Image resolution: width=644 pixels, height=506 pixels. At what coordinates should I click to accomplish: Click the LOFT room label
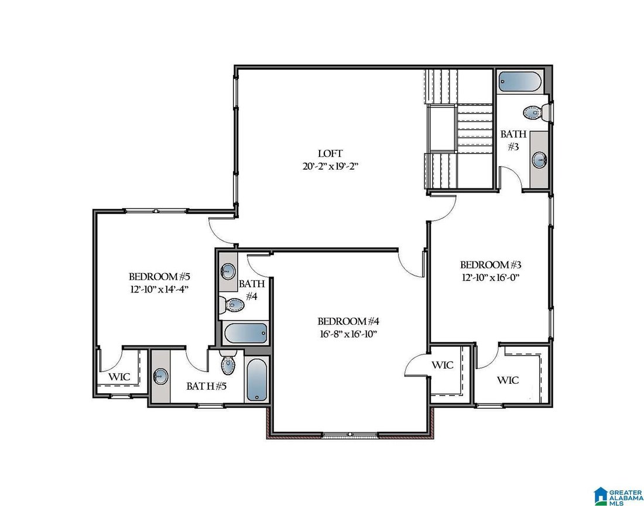(x=330, y=153)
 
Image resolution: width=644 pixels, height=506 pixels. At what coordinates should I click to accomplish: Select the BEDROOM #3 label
(x=491, y=264)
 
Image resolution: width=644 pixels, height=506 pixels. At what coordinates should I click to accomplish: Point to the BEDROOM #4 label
(x=348, y=321)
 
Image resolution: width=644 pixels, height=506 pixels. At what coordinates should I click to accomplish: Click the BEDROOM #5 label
(x=160, y=276)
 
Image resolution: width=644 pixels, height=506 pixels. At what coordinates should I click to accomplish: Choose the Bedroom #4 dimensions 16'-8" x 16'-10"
(x=348, y=333)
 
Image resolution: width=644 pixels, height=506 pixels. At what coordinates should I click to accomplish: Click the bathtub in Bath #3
(x=520, y=82)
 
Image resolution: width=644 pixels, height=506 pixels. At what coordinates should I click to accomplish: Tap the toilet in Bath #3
(x=537, y=112)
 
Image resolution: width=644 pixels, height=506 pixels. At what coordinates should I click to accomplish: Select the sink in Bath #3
(x=539, y=159)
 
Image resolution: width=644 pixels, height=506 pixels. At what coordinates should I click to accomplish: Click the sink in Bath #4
(x=228, y=270)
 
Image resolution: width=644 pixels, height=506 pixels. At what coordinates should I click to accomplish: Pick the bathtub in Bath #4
(x=245, y=333)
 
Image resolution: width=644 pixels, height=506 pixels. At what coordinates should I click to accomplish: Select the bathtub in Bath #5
(x=256, y=380)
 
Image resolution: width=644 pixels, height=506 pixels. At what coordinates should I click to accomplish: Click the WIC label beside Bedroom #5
(x=119, y=376)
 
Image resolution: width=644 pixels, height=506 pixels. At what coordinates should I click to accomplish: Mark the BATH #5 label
(x=207, y=385)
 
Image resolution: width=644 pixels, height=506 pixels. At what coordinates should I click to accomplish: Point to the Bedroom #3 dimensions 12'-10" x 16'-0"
(x=491, y=277)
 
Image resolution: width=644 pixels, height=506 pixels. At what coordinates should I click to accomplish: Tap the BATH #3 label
(x=513, y=140)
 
